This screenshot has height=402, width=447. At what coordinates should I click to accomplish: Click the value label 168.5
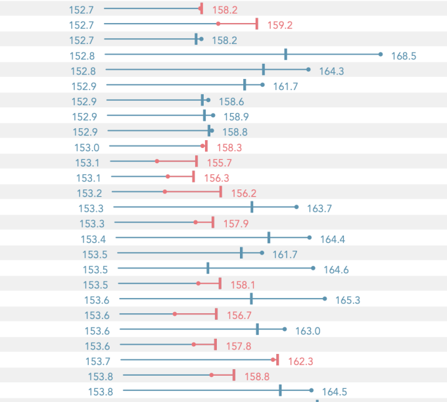tap(404, 56)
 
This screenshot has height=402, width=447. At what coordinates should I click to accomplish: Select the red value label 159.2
tap(280, 25)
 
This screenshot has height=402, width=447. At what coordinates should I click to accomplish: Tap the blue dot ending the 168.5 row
tap(381, 55)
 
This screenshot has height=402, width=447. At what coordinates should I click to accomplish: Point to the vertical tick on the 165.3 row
tap(251, 299)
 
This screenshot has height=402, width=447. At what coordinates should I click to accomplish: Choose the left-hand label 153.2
tap(89, 193)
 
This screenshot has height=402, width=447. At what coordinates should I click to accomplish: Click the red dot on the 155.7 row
tap(157, 161)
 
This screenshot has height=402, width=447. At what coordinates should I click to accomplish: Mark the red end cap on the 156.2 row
tap(221, 191)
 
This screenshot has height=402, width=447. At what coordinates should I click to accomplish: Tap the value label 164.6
tap(336, 270)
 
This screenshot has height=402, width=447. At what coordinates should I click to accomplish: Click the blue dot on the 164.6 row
tap(313, 268)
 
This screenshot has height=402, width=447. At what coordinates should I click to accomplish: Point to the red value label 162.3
tap(300, 361)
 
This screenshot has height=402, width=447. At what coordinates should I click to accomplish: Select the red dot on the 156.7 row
tap(174, 314)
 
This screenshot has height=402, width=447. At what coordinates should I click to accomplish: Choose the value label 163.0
tap(308, 331)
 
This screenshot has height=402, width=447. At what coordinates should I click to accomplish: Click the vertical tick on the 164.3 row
tap(264, 70)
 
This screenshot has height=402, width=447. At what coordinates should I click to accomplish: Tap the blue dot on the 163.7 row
tap(296, 207)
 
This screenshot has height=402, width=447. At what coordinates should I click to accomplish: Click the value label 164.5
tap(335, 392)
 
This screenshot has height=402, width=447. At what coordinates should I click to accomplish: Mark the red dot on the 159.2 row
tap(218, 24)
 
